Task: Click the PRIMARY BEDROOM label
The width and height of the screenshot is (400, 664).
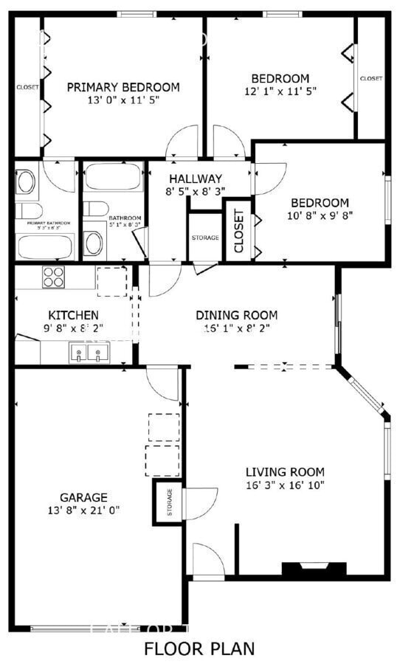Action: point(123,87)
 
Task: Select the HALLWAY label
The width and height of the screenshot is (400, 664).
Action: point(195,179)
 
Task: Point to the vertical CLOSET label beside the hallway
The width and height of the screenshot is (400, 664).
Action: point(239,231)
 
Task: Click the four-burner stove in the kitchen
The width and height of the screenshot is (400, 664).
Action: point(52,277)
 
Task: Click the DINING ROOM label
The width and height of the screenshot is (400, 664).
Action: point(237,315)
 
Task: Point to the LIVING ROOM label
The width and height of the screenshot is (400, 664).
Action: point(285,472)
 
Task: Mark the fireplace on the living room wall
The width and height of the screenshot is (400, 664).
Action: point(314,569)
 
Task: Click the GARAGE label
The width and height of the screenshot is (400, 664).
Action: point(83,497)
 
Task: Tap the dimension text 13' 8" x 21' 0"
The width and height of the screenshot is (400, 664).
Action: point(83,510)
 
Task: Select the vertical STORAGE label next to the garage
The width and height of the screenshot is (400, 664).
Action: point(169,502)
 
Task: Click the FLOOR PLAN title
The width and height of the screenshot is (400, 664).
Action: point(199,649)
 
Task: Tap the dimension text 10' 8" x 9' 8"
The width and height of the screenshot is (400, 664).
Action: point(320,216)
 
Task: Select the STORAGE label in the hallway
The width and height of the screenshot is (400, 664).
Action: point(205,238)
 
